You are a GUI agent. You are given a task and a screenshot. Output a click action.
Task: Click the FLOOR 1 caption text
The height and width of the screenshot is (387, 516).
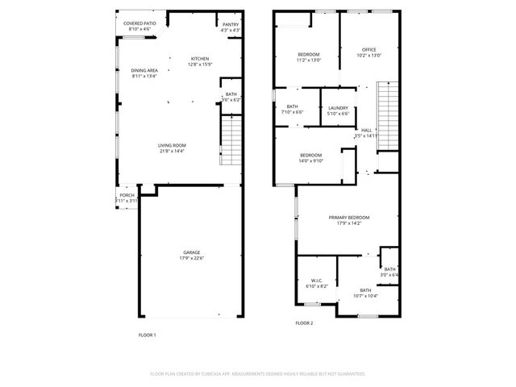pos(147,334)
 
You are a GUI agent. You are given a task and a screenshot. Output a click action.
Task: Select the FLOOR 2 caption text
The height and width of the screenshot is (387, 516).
pos(304,322)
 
